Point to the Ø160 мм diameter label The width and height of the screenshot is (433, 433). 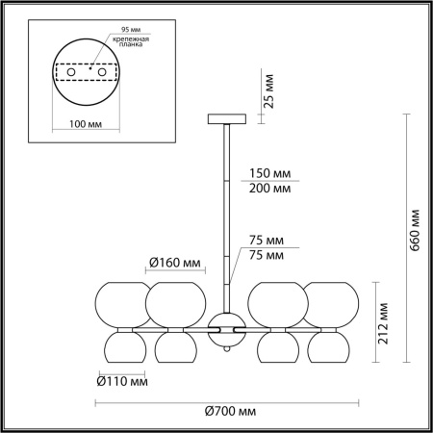[x=175, y=263]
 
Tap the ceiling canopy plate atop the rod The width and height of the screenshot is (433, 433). [x=228, y=119]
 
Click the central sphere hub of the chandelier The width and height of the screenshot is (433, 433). [x=228, y=329]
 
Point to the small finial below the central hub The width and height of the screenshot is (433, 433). [x=228, y=352]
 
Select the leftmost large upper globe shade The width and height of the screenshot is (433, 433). [x=121, y=304]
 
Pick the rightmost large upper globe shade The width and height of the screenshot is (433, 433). [x=332, y=304]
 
